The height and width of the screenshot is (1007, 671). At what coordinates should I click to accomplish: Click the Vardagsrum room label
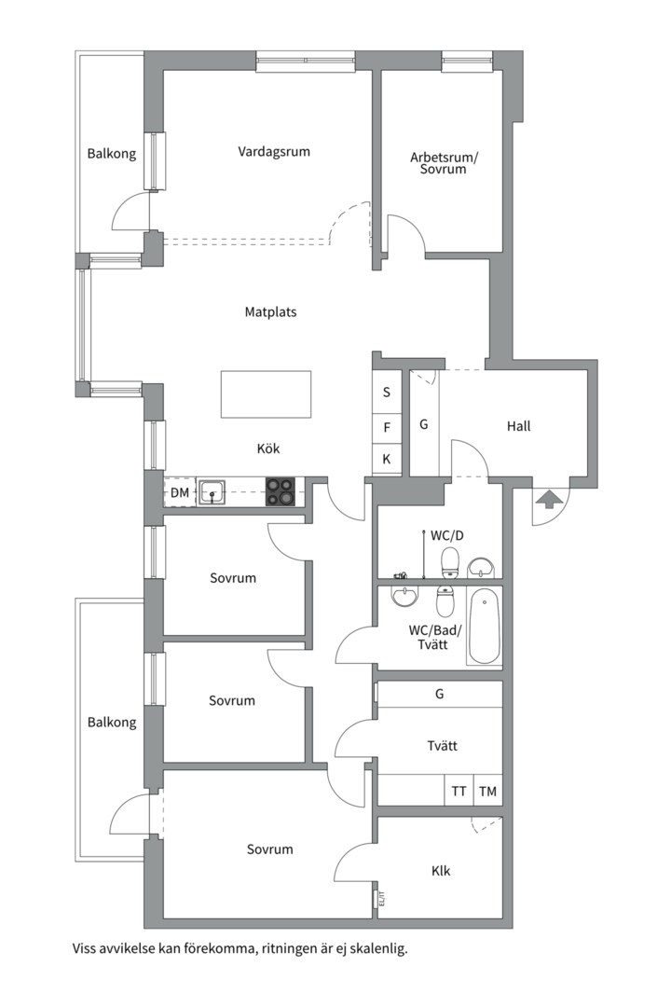pyautogui.click(x=274, y=152)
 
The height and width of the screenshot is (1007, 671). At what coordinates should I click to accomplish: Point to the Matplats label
pyautogui.click(x=270, y=312)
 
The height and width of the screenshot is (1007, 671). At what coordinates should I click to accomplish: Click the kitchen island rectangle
pyautogui.click(x=266, y=394)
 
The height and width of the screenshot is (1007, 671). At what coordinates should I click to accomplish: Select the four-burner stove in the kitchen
pyautogui.click(x=281, y=492)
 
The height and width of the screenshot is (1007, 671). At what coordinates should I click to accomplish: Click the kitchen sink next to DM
pyautogui.click(x=212, y=492)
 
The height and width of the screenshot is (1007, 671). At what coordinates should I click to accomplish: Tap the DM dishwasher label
pyautogui.click(x=180, y=493)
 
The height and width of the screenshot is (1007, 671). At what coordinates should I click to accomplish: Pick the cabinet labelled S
pyautogui.click(x=387, y=392)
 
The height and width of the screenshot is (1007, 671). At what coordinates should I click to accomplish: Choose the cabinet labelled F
pyautogui.click(x=387, y=428)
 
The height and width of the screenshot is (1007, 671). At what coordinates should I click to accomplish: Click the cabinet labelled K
pyautogui.click(x=387, y=460)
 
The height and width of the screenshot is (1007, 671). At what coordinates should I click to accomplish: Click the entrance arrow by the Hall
pyautogui.click(x=549, y=499)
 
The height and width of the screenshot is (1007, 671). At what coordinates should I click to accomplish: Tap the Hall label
pyautogui.click(x=519, y=426)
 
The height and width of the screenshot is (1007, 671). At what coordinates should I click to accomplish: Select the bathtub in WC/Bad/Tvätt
pyautogui.click(x=485, y=627)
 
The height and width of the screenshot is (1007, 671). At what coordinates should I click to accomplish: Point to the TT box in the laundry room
pyautogui.click(x=459, y=791)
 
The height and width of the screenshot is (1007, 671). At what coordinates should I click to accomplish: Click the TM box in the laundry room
pyautogui.click(x=488, y=791)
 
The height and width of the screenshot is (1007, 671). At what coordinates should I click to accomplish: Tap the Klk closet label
pyautogui.click(x=441, y=871)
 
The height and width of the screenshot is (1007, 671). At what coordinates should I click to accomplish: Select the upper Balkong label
pyautogui.click(x=112, y=154)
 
